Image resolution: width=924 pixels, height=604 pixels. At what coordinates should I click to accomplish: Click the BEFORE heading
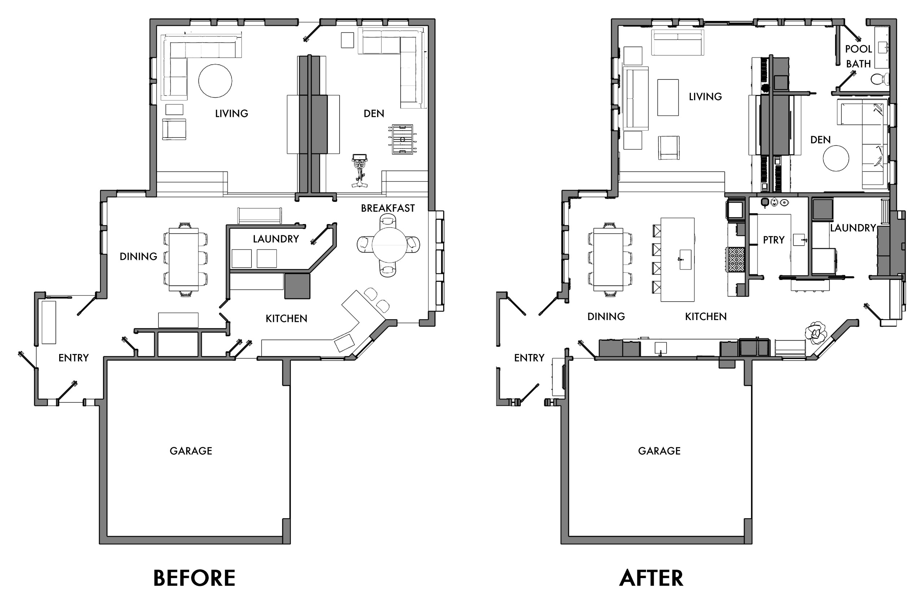coord(194,578)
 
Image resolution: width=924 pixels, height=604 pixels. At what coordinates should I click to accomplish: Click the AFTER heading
coord(651,578)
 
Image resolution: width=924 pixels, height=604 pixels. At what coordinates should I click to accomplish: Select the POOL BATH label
coord(858,56)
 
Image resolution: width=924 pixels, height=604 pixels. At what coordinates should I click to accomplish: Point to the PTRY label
coord(774,240)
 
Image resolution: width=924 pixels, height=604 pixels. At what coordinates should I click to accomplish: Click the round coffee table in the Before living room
coord(215,81)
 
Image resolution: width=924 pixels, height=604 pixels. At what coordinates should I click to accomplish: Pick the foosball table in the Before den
coord(402,139)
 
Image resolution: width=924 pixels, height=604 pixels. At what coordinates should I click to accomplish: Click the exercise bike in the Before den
coord(359,171)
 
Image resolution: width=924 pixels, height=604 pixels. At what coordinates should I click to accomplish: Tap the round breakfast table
coord(389,245)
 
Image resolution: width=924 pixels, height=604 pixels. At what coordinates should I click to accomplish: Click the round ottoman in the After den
coord(836,158)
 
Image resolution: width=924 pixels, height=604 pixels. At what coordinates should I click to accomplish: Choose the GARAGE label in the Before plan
coord(191,451)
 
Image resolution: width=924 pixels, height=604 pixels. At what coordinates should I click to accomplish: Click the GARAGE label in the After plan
coord(659,451)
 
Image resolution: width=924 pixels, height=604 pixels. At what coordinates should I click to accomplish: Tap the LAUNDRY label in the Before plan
coord(276,239)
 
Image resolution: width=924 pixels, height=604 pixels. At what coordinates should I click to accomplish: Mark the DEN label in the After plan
coord(820,140)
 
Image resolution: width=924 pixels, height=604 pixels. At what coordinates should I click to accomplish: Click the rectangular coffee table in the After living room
coord(668,97)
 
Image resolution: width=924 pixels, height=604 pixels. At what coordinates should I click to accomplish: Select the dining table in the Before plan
coord(184,259)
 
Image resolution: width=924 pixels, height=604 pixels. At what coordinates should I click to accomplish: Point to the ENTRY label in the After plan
coord(529,358)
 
